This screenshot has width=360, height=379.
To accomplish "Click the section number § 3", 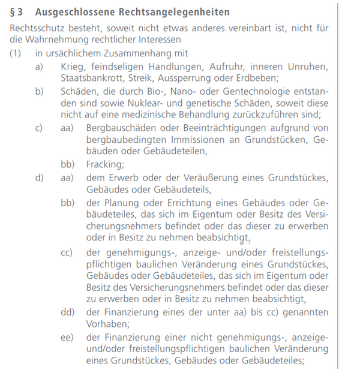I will (17, 12).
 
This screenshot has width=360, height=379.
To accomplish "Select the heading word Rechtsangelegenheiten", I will (170, 12).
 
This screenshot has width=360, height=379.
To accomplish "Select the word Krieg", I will (73, 66).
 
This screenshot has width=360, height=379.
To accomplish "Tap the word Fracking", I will (105, 164).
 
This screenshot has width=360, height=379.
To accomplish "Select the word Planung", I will (122, 202).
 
